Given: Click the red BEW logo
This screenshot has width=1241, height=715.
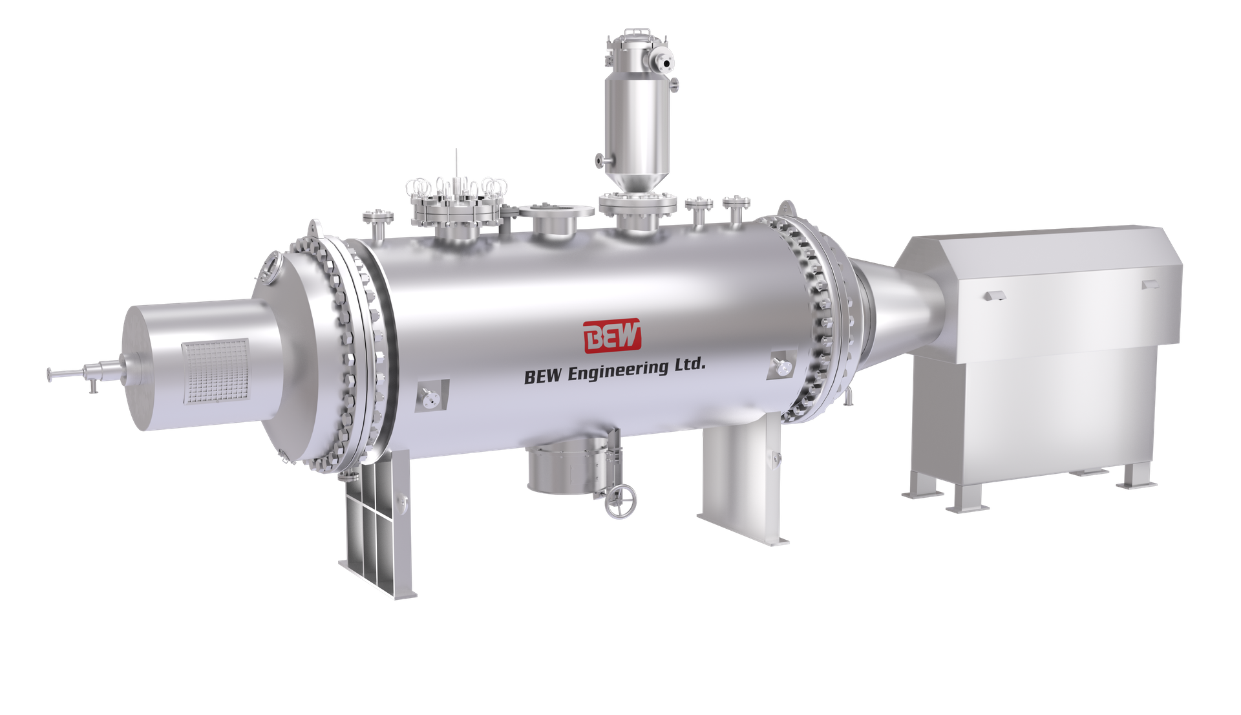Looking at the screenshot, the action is [612, 336].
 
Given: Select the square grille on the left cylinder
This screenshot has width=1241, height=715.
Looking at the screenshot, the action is [215, 372].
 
